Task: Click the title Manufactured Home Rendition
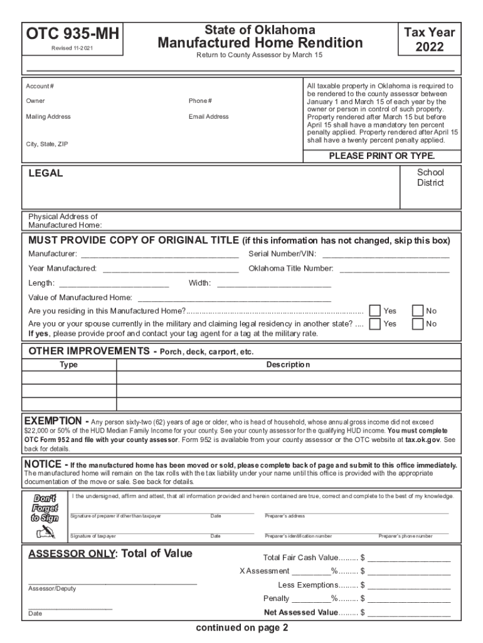pyautogui.click(x=260, y=43)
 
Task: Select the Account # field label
pyautogui.click(x=40, y=86)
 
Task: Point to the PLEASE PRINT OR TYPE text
pyautogui.click(x=382, y=156)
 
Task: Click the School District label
pyautogui.click(x=430, y=178)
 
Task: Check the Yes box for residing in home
pyautogui.click(x=374, y=311)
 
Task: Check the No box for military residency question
pyautogui.click(x=418, y=324)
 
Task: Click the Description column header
pyautogui.click(x=288, y=365)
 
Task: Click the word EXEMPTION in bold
pyautogui.click(x=52, y=420)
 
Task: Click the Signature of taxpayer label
pyautogui.click(x=93, y=536)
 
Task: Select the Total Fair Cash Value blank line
pyautogui.click(x=409, y=558)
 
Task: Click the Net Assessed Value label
pyautogui.click(x=300, y=612)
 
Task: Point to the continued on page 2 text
pyautogui.click(x=242, y=628)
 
